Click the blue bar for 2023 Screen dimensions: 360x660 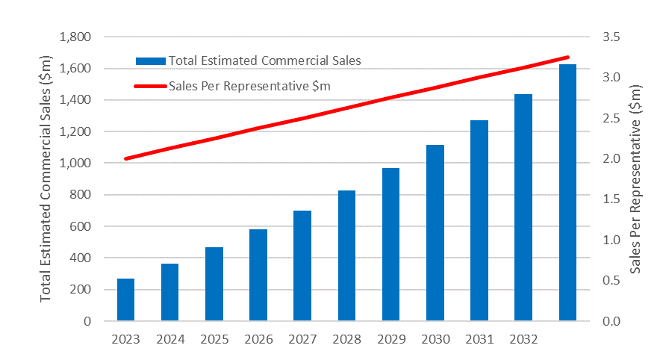[125, 300]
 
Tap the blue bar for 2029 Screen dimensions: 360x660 [390, 244]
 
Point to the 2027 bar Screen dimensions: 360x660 [302, 266]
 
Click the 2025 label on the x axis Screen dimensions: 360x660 [214, 340]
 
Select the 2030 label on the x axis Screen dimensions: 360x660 [435, 340]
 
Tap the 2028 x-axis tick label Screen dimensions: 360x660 [346, 340]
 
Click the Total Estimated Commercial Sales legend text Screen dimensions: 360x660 [264, 60]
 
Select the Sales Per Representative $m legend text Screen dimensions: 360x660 [249, 86]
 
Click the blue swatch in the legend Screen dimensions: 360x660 [150, 60]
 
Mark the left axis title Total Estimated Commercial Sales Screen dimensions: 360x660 [46, 179]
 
